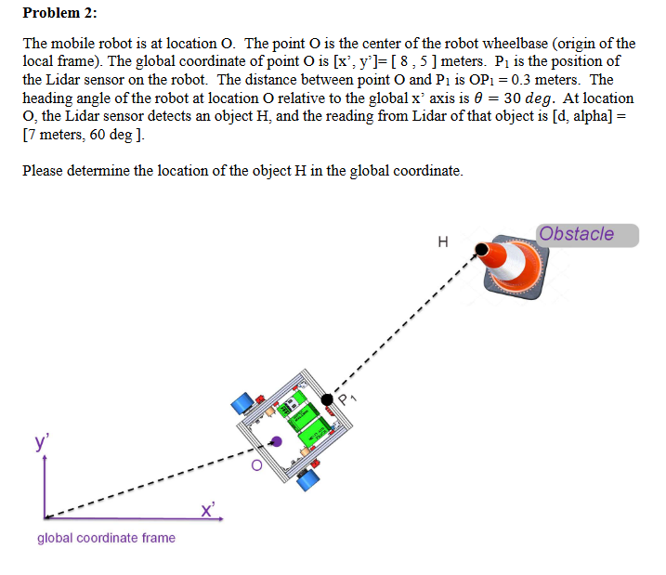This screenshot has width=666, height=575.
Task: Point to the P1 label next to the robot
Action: pos(348,399)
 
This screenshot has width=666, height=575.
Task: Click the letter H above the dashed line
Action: pos(442,242)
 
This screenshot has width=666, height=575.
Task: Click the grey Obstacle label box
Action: pos(588,234)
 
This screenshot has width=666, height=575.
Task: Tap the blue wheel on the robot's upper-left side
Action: pos(243,403)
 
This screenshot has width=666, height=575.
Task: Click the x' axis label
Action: pos(208,508)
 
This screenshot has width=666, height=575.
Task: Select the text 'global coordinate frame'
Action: pos(106,538)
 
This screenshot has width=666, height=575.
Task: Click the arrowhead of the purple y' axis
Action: pos(45,462)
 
